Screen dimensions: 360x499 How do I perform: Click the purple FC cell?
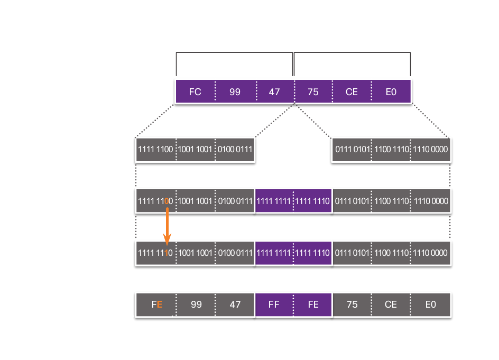point(195,91)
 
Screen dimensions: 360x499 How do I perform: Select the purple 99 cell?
point(235,91)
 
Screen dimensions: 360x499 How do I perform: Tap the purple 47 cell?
point(274,91)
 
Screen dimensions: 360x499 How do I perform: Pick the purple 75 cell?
point(313,91)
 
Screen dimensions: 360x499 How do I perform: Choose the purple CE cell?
point(352,91)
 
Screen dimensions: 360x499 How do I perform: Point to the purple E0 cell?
point(391,91)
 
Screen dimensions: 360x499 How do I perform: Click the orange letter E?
point(160,304)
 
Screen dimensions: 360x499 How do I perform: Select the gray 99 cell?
point(196,304)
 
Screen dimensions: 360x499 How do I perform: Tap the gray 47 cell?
point(235,304)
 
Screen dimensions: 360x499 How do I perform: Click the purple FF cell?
point(274,304)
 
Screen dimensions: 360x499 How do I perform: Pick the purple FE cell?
point(313,304)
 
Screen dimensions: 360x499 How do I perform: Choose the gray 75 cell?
point(352,304)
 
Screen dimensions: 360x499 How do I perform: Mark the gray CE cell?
point(391,304)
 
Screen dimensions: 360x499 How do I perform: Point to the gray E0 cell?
point(430,304)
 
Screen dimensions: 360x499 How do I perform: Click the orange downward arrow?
point(167,225)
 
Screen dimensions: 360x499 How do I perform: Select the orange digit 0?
point(167,201)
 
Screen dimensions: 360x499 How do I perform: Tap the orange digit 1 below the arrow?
point(167,253)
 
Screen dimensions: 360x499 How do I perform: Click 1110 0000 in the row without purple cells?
point(431,150)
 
